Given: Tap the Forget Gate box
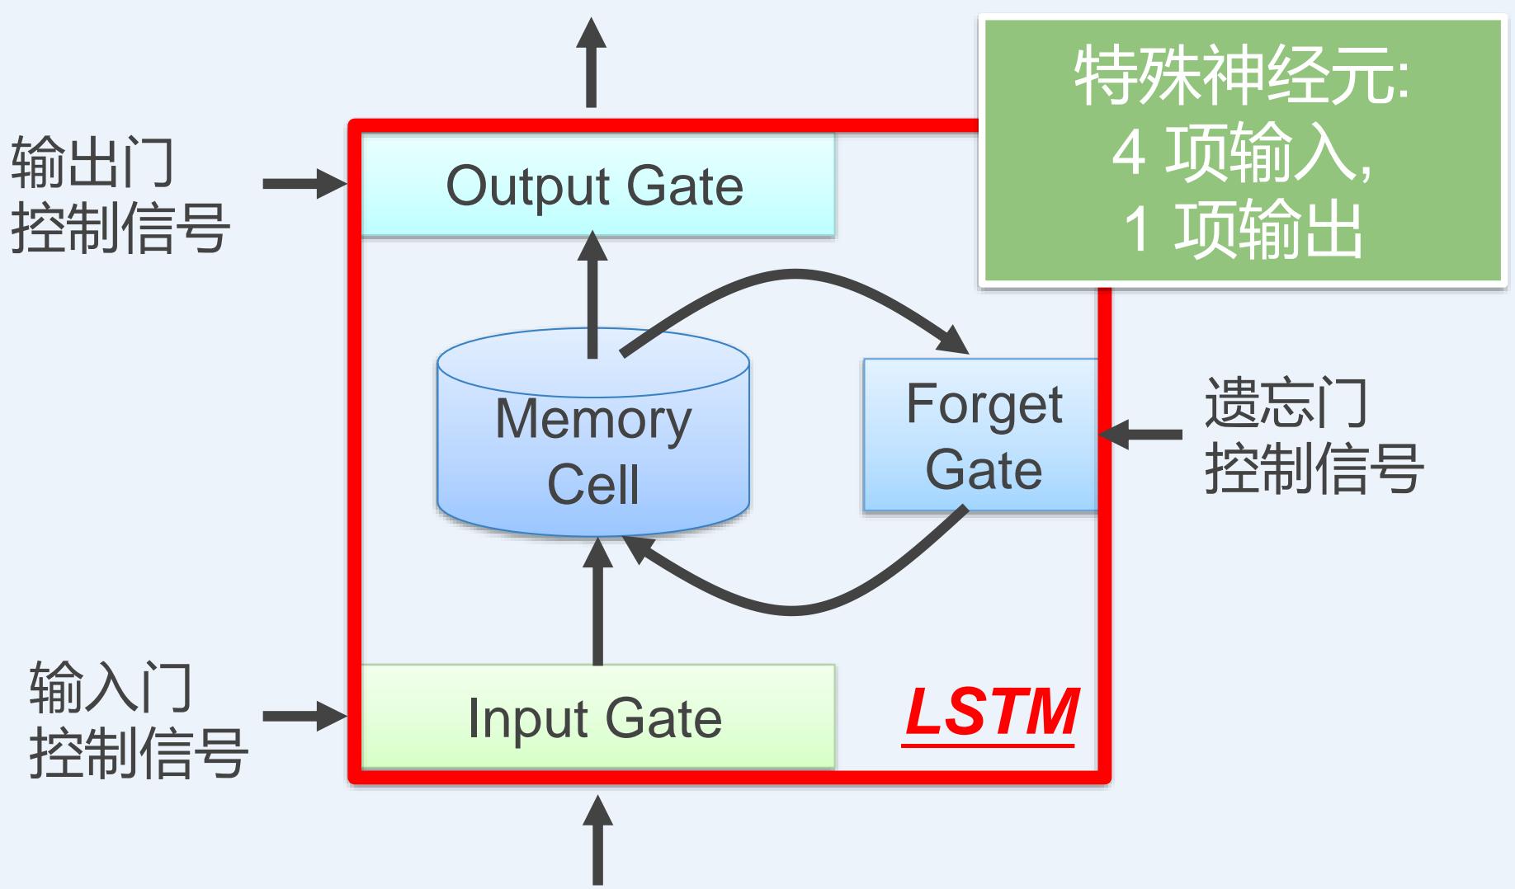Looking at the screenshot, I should [982, 435].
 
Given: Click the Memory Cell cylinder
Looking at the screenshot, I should [592, 445].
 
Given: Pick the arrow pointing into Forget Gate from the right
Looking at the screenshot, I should [1142, 434].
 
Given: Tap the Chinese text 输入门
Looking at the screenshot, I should [111, 687].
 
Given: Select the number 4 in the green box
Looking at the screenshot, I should [1128, 153].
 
